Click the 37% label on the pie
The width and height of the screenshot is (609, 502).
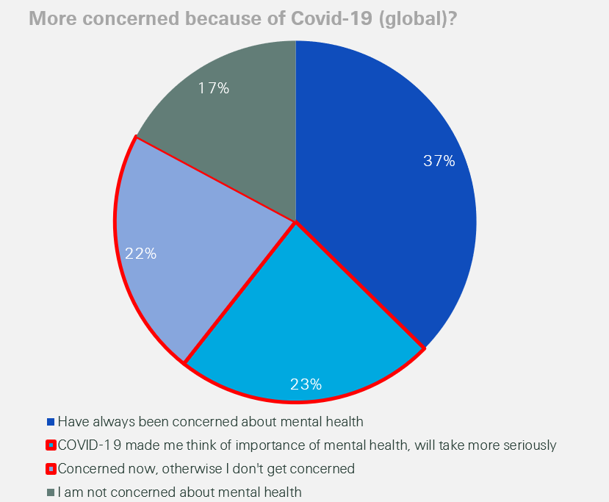coord(439,161)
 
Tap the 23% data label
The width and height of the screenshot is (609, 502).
coord(306,384)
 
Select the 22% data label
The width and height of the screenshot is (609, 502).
coord(140,254)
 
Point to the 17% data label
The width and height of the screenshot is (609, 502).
coord(214,88)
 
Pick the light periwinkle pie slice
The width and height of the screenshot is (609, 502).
coord(191,243)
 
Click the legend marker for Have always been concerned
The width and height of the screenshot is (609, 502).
coord(51,422)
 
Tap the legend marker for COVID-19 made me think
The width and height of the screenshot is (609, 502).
coord(51,445)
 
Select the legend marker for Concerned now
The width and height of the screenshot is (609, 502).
coord(51,469)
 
